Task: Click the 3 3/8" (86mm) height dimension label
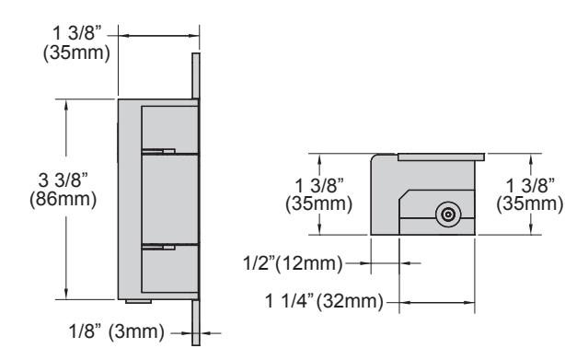[x=63, y=190]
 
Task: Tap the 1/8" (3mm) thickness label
[x=116, y=331]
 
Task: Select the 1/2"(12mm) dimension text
[x=293, y=263]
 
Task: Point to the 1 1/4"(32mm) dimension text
[x=324, y=301]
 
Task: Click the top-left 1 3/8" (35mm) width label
[x=76, y=43]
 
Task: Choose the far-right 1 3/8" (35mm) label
[x=529, y=195]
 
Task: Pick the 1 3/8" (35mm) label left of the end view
[x=318, y=195]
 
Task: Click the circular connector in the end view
[x=448, y=215]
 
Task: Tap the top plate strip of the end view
[x=441, y=157]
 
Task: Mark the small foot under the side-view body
[x=138, y=301]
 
